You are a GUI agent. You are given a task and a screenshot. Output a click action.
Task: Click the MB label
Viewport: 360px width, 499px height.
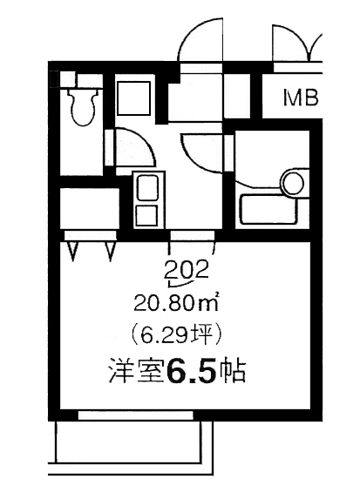click(x=297, y=97)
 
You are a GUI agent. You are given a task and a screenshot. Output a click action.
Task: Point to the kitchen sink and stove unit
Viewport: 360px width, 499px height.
click(x=147, y=199)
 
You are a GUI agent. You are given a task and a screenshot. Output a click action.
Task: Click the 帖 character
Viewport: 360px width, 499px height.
click(x=232, y=374)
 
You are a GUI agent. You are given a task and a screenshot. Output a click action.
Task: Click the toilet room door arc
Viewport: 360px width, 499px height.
click(x=137, y=148)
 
